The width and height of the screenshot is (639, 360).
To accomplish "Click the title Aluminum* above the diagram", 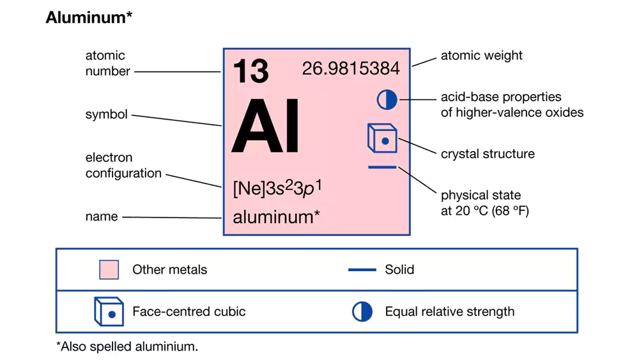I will click(x=89, y=19).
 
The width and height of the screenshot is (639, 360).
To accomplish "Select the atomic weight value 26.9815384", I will click(x=351, y=68).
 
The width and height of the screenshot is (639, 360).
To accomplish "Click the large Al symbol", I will click(x=265, y=127).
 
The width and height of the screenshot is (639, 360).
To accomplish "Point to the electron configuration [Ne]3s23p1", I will click(x=277, y=189).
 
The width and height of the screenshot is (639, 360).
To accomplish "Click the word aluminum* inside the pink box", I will click(x=276, y=217).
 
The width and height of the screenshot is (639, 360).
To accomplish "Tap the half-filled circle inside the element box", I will click(x=387, y=99).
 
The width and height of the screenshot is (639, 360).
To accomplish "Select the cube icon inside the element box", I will click(x=382, y=138).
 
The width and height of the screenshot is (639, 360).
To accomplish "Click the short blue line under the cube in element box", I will click(x=382, y=168).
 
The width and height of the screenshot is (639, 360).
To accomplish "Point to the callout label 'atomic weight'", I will click(x=481, y=56).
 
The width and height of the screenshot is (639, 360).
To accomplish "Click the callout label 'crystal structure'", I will click(x=488, y=154).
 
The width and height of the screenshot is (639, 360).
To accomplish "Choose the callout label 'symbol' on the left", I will click(x=106, y=115).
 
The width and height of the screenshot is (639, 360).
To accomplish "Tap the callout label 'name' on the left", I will click(x=102, y=217).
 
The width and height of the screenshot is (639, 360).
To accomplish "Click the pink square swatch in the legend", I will click(x=109, y=270).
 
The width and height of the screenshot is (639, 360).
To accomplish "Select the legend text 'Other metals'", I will click(x=169, y=270).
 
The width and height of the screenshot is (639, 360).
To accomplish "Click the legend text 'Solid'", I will click(x=399, y=270).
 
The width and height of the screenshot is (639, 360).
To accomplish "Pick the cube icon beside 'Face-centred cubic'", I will click(x=109, y=311).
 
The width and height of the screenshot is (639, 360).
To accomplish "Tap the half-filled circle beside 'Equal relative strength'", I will click(x=362, y=312).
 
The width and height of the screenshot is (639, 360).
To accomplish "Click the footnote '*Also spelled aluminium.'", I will click(x=127, y=347).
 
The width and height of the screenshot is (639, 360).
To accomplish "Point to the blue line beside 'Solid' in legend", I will click(x=362, y=270).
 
